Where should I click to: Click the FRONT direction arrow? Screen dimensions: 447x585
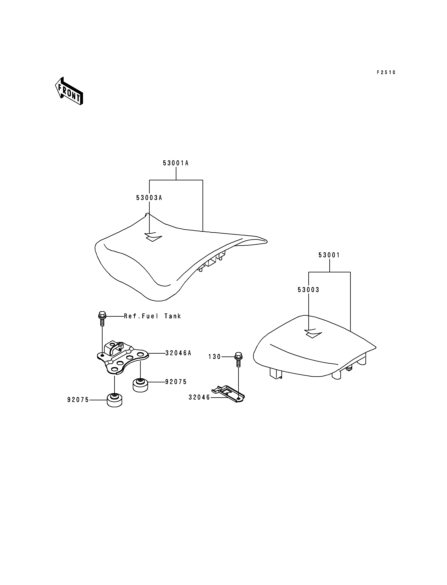coord(69,91)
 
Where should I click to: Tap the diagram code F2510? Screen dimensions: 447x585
coord(386,72)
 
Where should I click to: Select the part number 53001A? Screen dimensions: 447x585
coord(176,163)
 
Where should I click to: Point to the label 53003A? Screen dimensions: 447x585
coord(149,198)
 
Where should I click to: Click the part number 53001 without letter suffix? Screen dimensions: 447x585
coord(329,255)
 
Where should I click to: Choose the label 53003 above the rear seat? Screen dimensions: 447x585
coord(308,290)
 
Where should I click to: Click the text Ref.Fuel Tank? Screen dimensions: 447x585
coord(153,316)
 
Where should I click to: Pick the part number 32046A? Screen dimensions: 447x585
coord(178,353)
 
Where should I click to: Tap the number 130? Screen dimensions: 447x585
coord(215,356)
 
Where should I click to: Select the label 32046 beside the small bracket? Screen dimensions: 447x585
coord(199,397)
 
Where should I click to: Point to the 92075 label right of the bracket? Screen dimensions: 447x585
coord(176,382)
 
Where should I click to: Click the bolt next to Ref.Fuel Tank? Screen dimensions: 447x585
coord(102,319)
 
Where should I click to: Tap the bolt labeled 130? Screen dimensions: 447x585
coord(238,360)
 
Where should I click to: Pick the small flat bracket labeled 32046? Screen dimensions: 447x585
coord(228,394)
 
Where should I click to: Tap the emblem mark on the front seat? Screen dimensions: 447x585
coord(153,237)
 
